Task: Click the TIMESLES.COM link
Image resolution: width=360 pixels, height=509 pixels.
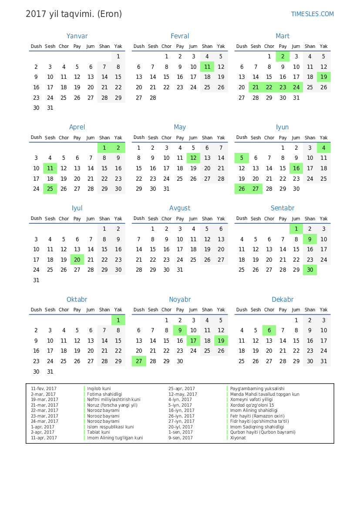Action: point(312,14)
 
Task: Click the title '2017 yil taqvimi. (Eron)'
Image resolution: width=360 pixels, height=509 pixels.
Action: point(74,14)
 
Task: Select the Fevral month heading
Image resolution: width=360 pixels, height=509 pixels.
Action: point(180,36)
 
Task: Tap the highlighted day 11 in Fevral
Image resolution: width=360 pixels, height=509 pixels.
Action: point(207,67)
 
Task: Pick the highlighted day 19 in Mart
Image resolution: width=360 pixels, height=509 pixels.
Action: point(323,77)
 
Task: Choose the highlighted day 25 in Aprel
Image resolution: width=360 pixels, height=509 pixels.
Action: point(50,189)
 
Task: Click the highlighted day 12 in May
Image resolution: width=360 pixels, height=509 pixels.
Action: point(194,158)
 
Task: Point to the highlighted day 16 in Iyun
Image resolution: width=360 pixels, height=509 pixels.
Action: point(296,169)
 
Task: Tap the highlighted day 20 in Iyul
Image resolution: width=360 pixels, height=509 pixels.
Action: point(77,260)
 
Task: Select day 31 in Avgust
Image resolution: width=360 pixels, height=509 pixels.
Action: point(180,270)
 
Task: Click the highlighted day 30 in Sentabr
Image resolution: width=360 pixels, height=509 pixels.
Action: point(310,270)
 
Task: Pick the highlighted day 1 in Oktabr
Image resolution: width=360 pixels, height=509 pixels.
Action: point(118,320)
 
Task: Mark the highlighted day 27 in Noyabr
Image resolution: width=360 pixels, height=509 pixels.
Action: point(139,361)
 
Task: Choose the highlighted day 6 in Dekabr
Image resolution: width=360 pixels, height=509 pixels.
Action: point(269,330)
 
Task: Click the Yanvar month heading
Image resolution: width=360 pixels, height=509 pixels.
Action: point(77,36)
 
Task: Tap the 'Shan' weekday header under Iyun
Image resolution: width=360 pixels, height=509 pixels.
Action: point(310,138)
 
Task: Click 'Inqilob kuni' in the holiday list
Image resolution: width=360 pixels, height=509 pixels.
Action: point(99,389)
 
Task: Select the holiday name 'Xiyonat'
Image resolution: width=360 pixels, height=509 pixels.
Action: point(238,438)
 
